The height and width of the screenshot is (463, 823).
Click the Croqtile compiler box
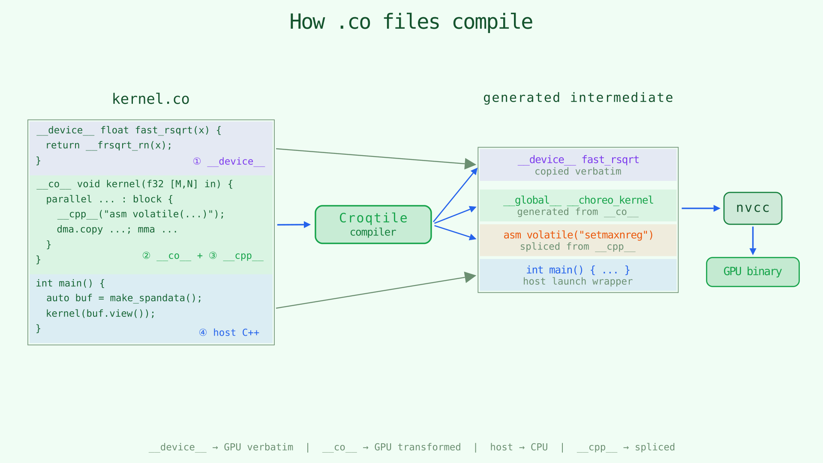tap(373, 225)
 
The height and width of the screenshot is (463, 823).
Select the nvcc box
tap(753, 208)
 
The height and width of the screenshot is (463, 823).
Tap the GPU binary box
tap(753, 272)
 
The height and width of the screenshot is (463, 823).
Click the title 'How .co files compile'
tap(411, 22)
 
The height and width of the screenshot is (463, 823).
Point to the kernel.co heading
tap(150, 99)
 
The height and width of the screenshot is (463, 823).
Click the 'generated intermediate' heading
tap(578, 98)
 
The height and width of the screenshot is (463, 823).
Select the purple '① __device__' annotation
tap(229, 162)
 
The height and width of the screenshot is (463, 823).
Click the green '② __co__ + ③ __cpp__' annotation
tap(203, 256)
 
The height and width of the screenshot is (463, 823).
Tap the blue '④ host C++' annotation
tap(229, 333)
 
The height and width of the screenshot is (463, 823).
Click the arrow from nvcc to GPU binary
tap(753, 241)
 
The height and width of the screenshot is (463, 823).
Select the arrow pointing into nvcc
tap(700, 208)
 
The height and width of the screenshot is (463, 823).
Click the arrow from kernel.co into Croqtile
tap(294, 225)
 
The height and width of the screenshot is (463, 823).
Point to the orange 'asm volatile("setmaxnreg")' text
tap(578, 235)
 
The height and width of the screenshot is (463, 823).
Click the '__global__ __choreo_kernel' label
tap(578, 200)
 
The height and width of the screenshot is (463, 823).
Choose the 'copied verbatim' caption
tap(578, 171)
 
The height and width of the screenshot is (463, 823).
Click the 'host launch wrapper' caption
tap(578, 282)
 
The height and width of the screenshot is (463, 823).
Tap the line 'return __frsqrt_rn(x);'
tap(109, 145)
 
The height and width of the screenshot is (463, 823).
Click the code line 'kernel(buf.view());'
tap(101, 313)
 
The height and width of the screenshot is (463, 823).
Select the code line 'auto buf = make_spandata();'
tap(124, 298)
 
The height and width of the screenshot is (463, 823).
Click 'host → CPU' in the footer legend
tap(519, 447)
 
